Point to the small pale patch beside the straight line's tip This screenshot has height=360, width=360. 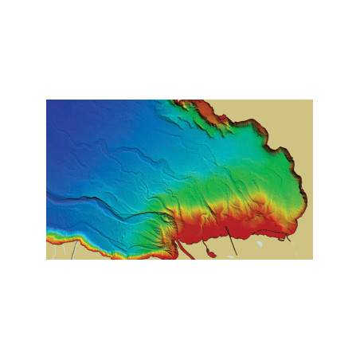tap(232, 256)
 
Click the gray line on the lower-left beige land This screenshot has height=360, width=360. tap(74, 250)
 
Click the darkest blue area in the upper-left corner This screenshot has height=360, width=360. tap(60, 112)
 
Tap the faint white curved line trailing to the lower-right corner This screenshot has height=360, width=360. tap(299, 253)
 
